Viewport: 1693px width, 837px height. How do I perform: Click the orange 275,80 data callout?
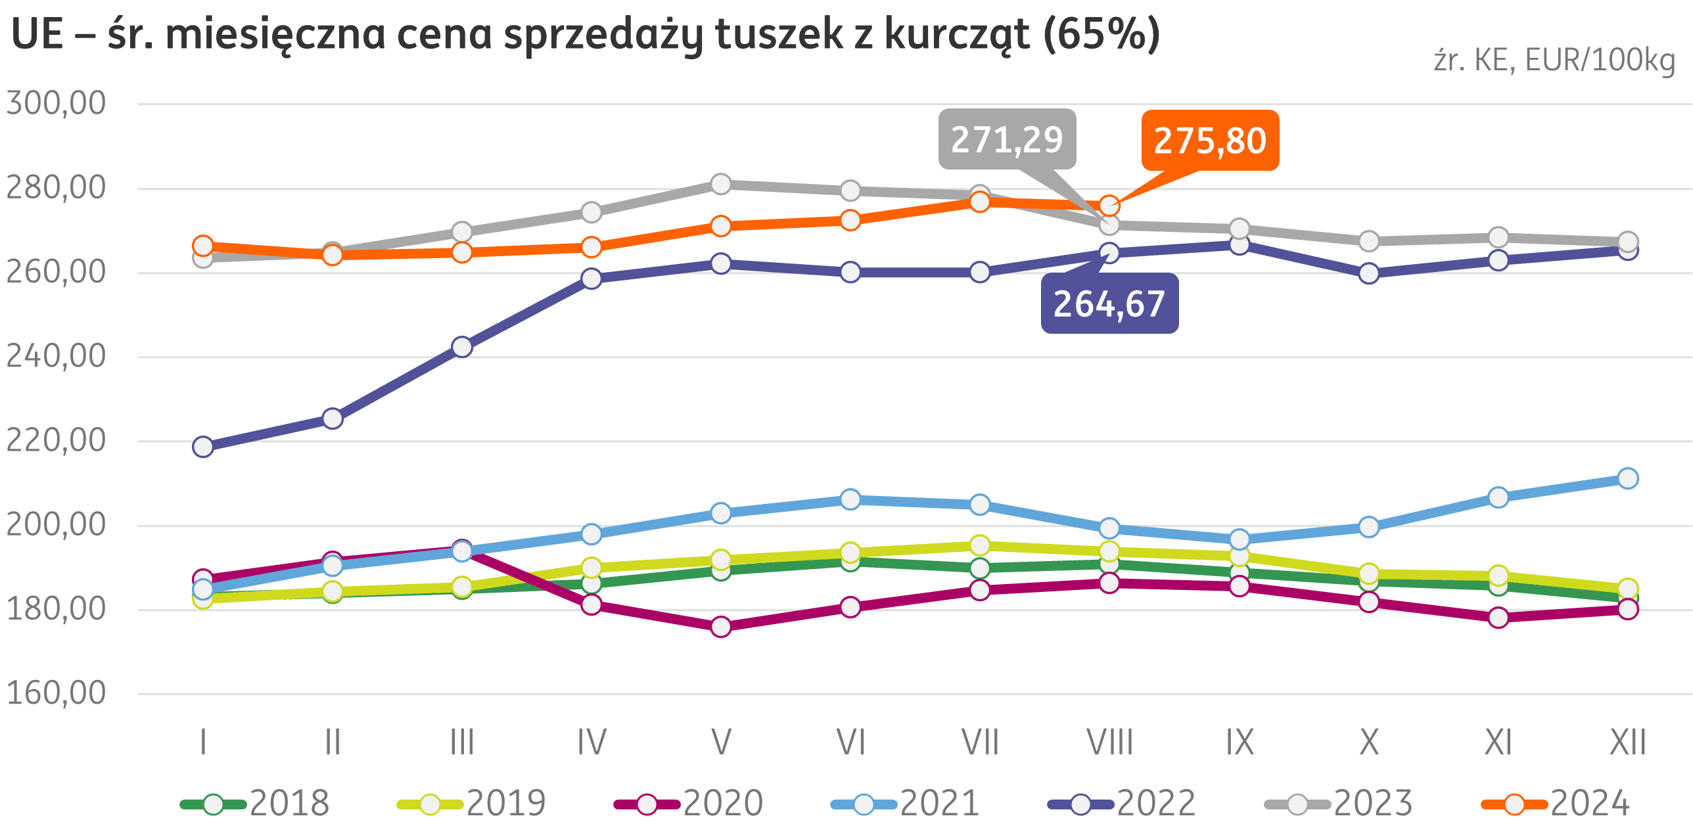tap(1210, 141)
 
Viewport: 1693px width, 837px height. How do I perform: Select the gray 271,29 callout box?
tap(1007, 139)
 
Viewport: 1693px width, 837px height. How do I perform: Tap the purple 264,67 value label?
tap(1109, 304)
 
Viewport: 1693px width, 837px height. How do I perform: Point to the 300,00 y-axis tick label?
tap(56, 103)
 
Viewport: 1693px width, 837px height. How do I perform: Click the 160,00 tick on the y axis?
tap(56, 692)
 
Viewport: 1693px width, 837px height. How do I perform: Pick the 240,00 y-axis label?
tap(56, 356)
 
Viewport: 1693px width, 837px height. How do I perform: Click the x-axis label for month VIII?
tap(1109, 742)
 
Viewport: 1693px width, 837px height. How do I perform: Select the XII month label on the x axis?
tap(1627, 742)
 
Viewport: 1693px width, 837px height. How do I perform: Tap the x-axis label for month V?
tap(721, 742)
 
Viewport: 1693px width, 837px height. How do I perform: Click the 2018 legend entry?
tap(256, 803)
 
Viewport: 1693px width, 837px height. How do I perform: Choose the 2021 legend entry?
tap(906, 803)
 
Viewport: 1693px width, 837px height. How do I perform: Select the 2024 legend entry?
tap(1556, 803)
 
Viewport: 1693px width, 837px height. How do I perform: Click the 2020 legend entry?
tap(689, 803)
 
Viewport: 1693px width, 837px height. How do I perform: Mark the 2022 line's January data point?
tap(203, 447)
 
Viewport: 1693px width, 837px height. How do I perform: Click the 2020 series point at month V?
tap(721, 627)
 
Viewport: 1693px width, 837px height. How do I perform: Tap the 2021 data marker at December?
tap(1627, 478)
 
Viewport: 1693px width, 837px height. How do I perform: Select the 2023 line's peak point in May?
tap(721, 184)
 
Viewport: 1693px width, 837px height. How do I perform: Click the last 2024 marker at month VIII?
tap(1109, 206)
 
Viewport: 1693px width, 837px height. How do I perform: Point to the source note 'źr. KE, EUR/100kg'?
tap(1554, 61)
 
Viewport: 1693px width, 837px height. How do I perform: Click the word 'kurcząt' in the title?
tap(957, 34)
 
